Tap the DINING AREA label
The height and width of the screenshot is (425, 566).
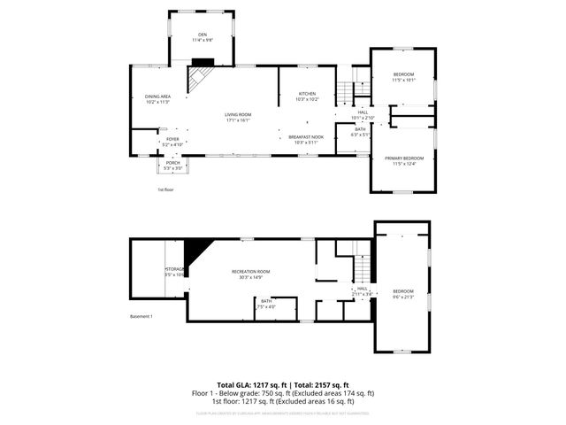(157, 98)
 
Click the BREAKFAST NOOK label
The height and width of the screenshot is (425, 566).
(307, 139)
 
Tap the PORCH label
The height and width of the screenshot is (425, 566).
(172, 166)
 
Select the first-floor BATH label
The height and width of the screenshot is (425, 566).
(360, 132)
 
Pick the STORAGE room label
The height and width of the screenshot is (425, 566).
(174, 271)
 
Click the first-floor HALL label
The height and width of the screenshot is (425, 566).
(363, 114)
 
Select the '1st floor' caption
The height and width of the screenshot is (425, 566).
(165, 189)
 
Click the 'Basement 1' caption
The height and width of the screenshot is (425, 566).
(141, 317)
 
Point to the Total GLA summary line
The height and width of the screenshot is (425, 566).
(283, 385)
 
